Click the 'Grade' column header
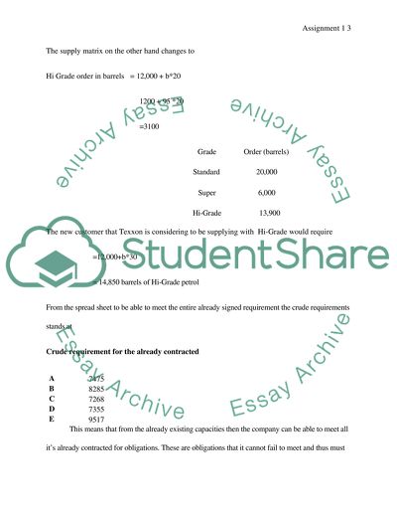[206, 152]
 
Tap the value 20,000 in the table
[266, 172]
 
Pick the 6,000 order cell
[266, 193]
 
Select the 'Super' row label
[206, 193]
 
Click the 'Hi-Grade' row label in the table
[206, 214]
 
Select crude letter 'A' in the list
[51, 381]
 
